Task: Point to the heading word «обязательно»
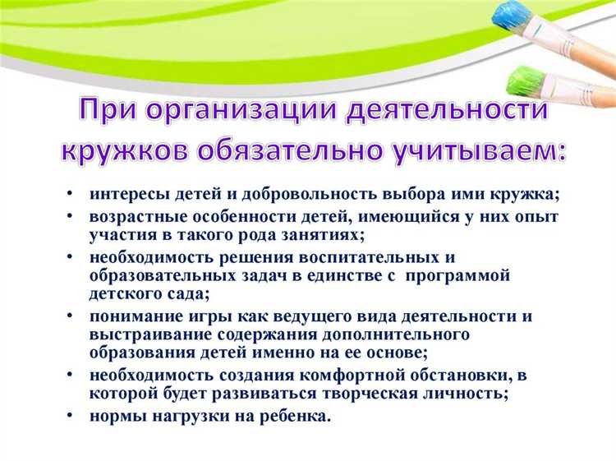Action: pyautogui.click(x=303, y=152)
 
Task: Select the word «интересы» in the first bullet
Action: pyautogui.click(x=124, y=195)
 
